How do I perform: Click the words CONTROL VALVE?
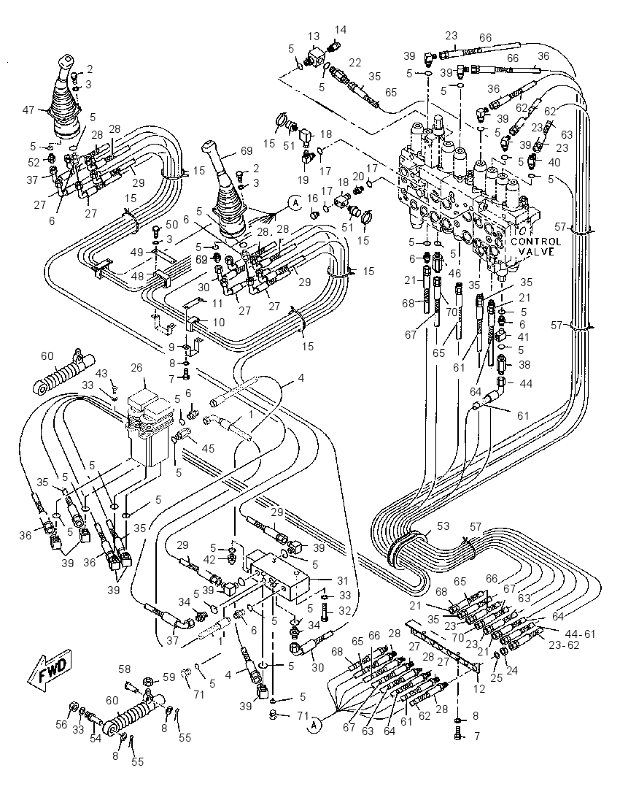535,246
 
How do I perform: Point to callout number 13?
314,36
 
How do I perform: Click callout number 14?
340,30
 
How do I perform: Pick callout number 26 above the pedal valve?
136,368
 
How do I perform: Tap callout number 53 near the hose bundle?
443,526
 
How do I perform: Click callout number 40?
554,163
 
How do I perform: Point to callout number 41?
523,336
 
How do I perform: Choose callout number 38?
524,364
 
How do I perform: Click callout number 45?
207,448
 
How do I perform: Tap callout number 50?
172,225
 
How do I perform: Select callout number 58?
125,669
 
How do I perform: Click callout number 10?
219,323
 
